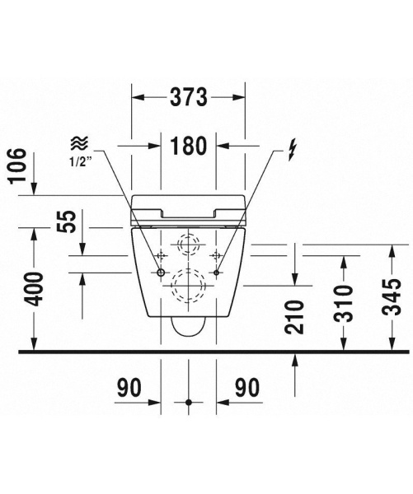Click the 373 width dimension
189,97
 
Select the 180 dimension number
188,146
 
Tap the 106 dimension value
17,165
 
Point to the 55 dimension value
67,221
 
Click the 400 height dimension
34,290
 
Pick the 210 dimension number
294,317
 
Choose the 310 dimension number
344,303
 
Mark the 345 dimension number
392,296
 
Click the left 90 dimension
129,388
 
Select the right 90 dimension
247,388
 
